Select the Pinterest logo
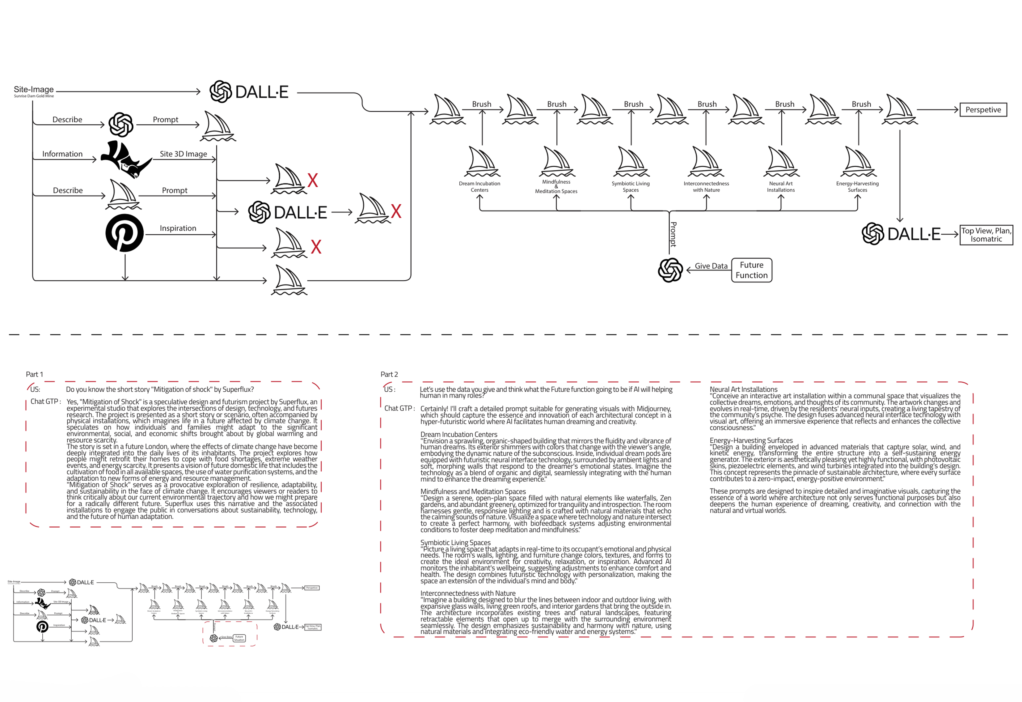tap(125, 233)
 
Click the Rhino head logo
tap(125, 159)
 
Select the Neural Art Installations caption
tap(781, 187)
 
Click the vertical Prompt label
tap(673, 234)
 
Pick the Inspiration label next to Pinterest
tap(178, 228)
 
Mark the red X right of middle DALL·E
tap(396, 212)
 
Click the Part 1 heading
tap(34, 374)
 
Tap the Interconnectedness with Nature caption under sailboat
tap(706, 187)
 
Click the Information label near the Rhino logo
tap(62, 154)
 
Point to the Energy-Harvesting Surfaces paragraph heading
tap(751, 440)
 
